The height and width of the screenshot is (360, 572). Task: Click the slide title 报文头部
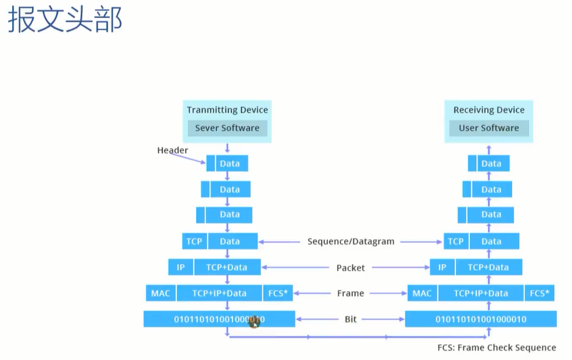click(65, 20)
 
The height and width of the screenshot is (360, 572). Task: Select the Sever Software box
click(227, 128)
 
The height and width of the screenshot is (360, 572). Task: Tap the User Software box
click(489, 128)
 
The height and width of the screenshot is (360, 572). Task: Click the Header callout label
click(172, 150)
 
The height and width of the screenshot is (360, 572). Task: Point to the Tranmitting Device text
click(227, 110)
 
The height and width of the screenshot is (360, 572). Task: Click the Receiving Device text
click(489, 110)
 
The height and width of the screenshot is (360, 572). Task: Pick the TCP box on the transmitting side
click(195, 241)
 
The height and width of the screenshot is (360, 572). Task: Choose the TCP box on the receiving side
click(456, 241)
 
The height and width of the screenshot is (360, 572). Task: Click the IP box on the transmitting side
click(181, 267)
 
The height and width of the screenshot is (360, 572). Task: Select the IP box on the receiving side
click(442, 267)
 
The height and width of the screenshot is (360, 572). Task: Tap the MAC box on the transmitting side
click(161, 293)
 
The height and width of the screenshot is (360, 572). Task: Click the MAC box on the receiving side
click(422, 293)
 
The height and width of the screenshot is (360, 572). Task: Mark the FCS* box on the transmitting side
click(278, 293)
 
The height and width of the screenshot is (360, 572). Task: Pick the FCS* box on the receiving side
click(539, 293)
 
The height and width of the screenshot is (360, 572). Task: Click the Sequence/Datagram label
click(351, 241)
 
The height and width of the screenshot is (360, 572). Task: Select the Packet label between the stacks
click(351, 268)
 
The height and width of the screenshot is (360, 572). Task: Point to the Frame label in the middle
click(351, 293)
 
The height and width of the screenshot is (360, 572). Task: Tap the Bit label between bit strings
click(351, 319)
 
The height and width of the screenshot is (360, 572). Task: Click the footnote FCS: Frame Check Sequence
click(497, 348)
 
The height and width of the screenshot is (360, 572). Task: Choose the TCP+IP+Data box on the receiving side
click(481, 293)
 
